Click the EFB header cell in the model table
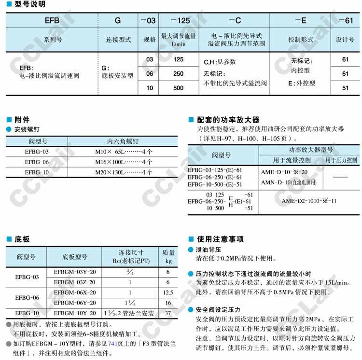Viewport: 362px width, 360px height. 52,21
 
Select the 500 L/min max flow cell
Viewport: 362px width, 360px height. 178,88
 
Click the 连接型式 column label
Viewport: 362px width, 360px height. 118,40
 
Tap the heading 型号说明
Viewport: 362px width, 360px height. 29,4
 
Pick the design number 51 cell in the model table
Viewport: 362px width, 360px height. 345,88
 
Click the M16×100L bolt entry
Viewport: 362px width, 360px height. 123,162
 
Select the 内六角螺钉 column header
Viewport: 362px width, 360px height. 123,141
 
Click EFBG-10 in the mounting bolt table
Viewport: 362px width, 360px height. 37,172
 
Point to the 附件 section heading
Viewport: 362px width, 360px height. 22,120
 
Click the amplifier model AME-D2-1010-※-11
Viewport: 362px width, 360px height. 309,201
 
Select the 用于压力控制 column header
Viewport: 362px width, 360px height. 341,160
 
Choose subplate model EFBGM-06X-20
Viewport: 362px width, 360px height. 75,292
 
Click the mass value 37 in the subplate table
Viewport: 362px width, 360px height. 168,313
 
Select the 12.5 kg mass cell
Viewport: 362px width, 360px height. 168,292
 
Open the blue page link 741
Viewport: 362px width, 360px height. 113,344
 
